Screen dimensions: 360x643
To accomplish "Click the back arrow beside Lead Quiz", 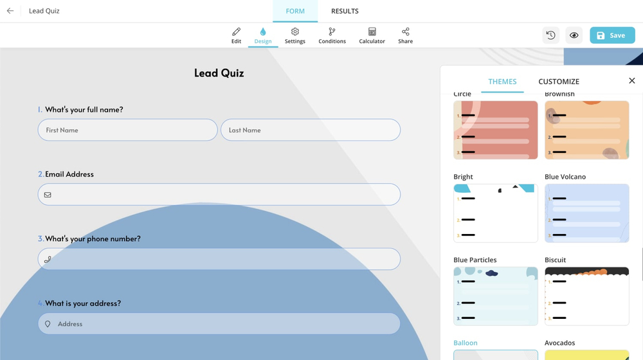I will click(10, 11).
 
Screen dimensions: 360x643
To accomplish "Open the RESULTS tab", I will click(345, 11).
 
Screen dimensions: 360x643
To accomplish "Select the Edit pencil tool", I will click(236, 35).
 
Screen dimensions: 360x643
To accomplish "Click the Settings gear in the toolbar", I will click(295, 35).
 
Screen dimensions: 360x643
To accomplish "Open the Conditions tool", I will click(332, 35).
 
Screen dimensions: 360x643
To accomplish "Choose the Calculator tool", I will click(372, 35).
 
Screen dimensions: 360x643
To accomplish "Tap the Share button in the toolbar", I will click(405, 35).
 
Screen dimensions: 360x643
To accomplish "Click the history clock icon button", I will click(551, 36).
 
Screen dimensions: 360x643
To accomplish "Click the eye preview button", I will click(574, 36).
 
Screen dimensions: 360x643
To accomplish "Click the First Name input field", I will click(127, 130).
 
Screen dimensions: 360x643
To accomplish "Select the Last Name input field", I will click(311, 130).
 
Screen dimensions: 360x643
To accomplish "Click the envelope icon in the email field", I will click(48, 195).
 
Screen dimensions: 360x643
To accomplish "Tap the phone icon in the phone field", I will click(48, 260).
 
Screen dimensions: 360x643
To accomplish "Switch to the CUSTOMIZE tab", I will click(559, 82).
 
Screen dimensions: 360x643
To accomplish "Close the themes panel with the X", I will click(631, 81).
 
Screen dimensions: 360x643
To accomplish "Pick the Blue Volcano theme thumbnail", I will click(586, 213).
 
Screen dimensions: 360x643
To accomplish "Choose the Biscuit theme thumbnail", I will click(586, 296).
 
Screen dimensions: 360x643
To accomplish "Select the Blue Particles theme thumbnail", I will click(495, 296).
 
